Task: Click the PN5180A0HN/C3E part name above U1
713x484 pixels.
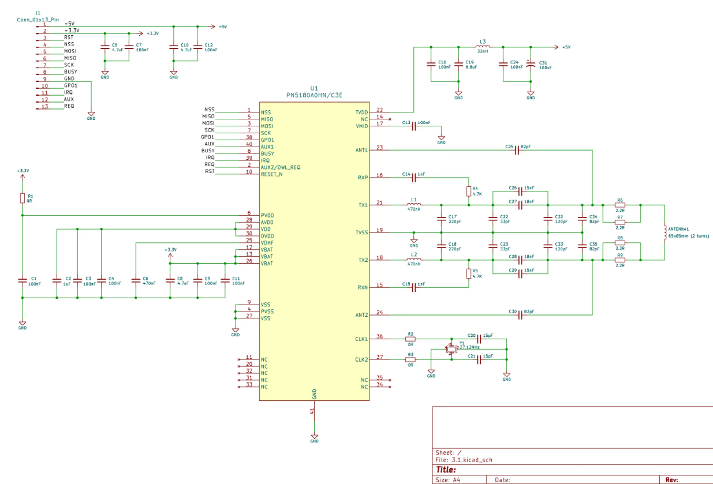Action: coord(314,95)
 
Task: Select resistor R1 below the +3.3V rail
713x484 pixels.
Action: coord(23,198)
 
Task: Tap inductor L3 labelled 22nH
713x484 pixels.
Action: coord(483,47)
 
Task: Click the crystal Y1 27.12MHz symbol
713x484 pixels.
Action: coord(451,348)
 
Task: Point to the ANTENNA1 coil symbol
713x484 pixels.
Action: coord(665,232)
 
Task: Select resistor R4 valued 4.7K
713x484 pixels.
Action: coord(468,191)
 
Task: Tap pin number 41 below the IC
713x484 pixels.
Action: coord(312,411)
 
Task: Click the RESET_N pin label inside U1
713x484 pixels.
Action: coord(272,174)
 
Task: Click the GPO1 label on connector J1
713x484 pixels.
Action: coord(70,85)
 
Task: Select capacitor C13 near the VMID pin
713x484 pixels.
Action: coord(413,126)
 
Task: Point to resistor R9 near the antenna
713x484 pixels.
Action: coord(619,260)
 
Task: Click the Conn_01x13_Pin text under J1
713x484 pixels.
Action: coord(38,19)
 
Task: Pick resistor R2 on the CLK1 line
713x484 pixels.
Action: coord(410,339)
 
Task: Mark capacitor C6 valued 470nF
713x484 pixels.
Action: coord(136,280)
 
